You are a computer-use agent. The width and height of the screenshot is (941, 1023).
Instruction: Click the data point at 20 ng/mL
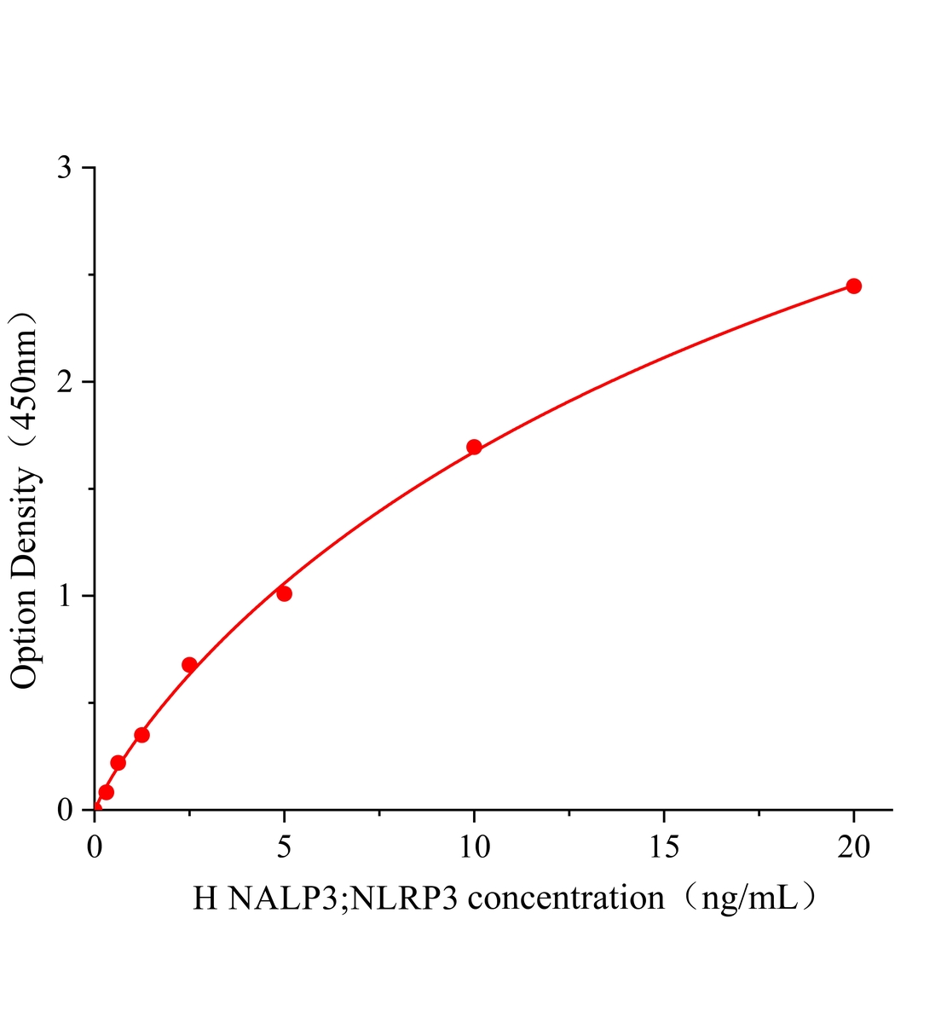pyautogui.click(x=853, y=286)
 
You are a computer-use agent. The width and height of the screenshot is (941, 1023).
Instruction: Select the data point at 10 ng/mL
pyautogui.click(x=474, y=447)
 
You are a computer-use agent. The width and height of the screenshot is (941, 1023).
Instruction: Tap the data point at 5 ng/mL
pyautogui.click(x=284, y=593)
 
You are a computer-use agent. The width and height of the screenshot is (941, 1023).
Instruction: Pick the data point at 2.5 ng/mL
pyautogui.click(x=189, y=665)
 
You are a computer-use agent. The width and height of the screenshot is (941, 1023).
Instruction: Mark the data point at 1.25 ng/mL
pyautogui.click(x=141, y=735)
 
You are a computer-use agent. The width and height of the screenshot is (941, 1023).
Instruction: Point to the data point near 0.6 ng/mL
pyautogui.click(x=118, y=762)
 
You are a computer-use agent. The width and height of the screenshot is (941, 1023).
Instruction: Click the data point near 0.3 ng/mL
pyautogui.click(x=106, y=792)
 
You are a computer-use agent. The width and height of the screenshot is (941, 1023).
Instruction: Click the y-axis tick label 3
pyautogui.click(x=64, y=168)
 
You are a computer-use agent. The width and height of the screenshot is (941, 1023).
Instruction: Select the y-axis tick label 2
pyautogui.click(x=64, y=382)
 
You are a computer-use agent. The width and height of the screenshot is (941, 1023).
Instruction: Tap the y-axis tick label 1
pyautogui.click(x=64, y=596)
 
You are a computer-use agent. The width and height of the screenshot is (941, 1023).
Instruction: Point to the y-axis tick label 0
pyautogui.click(x=64, y=810)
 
